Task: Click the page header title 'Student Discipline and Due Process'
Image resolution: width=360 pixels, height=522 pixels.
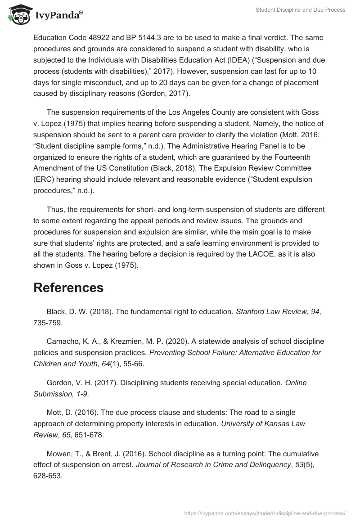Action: pyautogui.click(x=300, y=10)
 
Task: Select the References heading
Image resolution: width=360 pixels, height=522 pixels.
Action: pyautogui.click(x=68, y=288)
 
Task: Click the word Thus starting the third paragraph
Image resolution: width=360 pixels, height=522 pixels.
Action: pyautogui.click(x=55, y=210)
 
